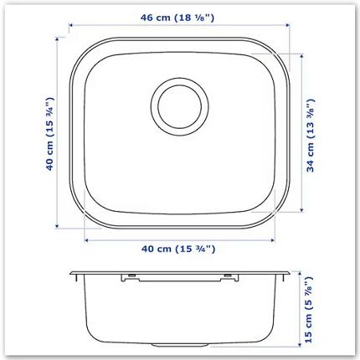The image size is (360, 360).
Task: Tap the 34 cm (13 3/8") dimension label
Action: click(x=312, y=134)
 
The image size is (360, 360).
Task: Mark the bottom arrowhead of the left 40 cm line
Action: click(x=56, y=226)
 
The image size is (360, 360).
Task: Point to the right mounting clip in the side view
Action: click(x=229, y=277)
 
